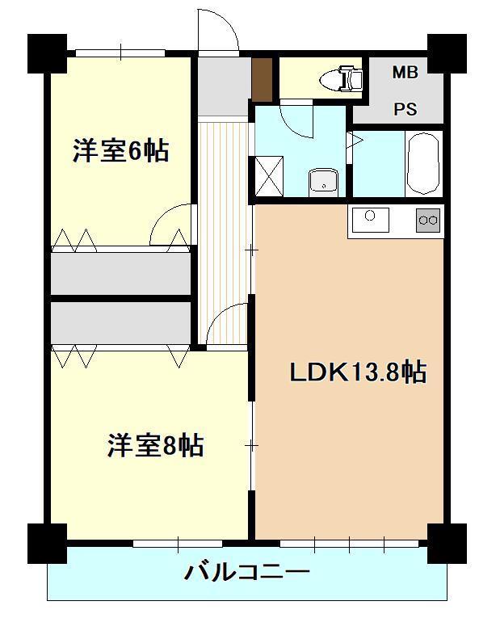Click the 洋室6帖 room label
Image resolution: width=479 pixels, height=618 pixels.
(121, 151)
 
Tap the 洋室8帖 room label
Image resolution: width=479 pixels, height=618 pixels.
(155, 445)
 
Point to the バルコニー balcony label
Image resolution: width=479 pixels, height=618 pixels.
(247, 574)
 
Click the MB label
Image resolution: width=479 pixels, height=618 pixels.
(405, 73)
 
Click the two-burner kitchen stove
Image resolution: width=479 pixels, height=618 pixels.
(428, 220)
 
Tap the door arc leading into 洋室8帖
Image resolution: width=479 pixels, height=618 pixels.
(229, 323)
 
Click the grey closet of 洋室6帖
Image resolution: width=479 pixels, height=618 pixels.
(121, 275)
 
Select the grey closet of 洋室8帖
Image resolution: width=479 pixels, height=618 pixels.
(121, 322)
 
